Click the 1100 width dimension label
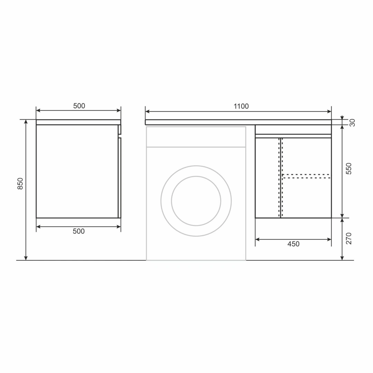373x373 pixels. (x=241, y=106)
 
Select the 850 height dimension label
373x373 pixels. (x=20, y=184)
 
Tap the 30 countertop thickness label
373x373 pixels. (x=352, y=123)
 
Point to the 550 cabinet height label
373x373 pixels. (x=349, y=169)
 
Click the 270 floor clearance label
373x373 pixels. (x=349, y=238)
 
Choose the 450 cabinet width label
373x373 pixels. (x=293, y=244)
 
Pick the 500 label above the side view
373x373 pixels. (x=79, y=106)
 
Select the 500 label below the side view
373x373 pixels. (x=79, y=231)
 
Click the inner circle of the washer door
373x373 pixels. (x=196, y=176)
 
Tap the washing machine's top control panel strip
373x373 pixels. (x=196, y=137)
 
